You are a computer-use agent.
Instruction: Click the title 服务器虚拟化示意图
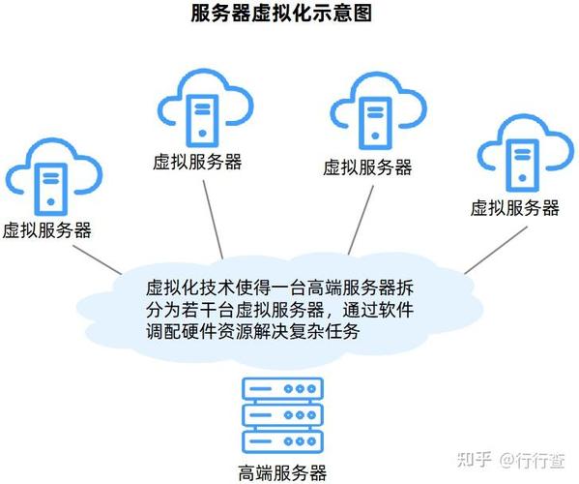(x=281, y=14)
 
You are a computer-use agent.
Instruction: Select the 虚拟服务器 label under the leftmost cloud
(x=47, y=230)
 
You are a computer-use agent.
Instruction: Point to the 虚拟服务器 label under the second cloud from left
(x=197, y=162)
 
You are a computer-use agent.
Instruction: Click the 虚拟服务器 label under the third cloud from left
(x=367, y=167)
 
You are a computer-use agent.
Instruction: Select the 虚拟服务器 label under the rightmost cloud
(x=514, y=207)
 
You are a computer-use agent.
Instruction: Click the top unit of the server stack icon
(x=281, y=389)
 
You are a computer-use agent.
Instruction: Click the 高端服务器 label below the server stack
(x=282, y=473)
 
